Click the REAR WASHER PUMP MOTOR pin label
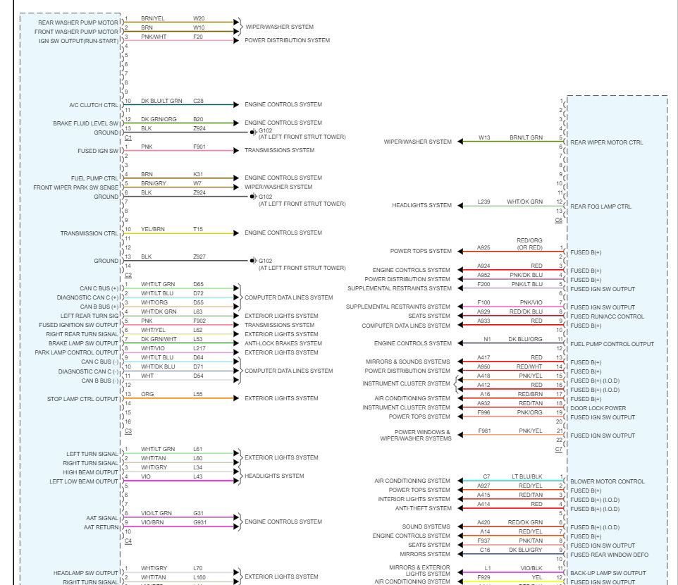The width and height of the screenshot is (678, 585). pyautogui.click(x=79, y=23)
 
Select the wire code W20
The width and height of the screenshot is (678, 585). pyautogui.click(x=199, y=18)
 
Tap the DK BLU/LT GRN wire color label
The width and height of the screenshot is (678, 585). pyautogui.click(x=161, y=101)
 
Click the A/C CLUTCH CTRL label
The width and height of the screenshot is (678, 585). pyautogui.click(x=94, y=105)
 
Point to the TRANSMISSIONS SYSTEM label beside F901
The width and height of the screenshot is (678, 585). pyautogui.click(x=279, y=150)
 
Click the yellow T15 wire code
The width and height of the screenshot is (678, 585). pyautogui.click(x=198, y=229)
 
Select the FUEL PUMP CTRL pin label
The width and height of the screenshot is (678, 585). pyautogui.click(x=94, y=178)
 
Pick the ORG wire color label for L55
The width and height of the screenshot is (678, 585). pyautogui.click(x=147, y=394)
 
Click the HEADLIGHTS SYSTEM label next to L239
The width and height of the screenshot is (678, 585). pyautogui.click(x=421, y=206)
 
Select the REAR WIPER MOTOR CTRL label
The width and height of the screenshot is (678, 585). pyautogui.click(x=606, y=142)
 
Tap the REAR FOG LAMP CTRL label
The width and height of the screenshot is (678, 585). pyautogui.click(x=600, y=207)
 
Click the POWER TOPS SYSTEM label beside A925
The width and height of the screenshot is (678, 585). pyautogui.click(x=421, y=251)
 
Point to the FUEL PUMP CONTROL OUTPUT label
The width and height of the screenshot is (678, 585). pyautogui.click(x=612, y=344)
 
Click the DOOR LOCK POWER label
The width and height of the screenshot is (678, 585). pyautogui.click(x=598, y=408)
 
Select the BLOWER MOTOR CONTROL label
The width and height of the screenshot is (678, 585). pyautogui.click(x=607, y=481)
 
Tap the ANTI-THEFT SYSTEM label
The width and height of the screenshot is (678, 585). pyautogui.click(x=423, y=508)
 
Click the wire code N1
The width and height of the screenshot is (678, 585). pyautogui.click(x=487, y=339)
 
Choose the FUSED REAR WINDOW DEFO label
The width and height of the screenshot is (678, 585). pyautogui.click(x=609, y=555)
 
